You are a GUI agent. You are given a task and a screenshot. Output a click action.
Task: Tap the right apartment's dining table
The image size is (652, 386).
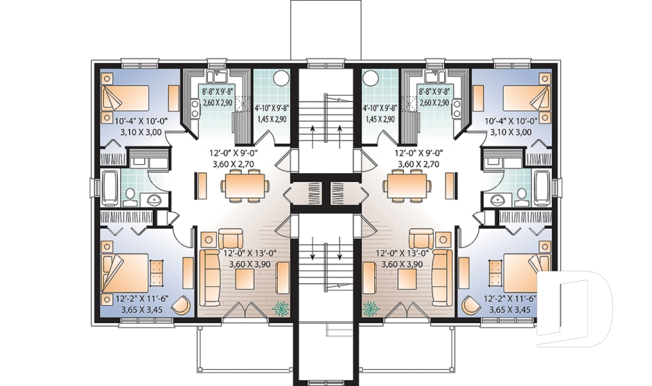click(407, 185)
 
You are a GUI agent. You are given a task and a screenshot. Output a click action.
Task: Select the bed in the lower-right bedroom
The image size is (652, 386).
click(528, 271)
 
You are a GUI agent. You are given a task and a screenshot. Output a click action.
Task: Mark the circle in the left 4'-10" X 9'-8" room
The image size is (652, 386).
click(280, 79)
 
